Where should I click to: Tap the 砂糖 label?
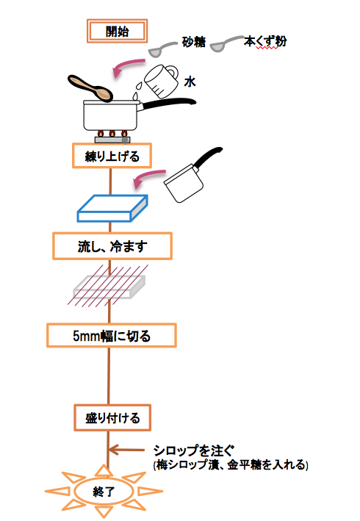[x=194, y=42]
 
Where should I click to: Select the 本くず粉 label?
[x=265, y=42]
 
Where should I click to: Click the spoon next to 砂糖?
[x=162, y=48]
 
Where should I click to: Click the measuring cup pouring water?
[x=161, y=81]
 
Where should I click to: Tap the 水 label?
[x=190, y=82]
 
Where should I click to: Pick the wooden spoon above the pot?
[x=90, y=87]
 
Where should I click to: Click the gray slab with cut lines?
[x=109, y=287]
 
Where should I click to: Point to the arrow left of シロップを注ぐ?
[x=126, y=450]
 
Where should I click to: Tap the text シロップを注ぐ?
[x=193, y=451]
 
